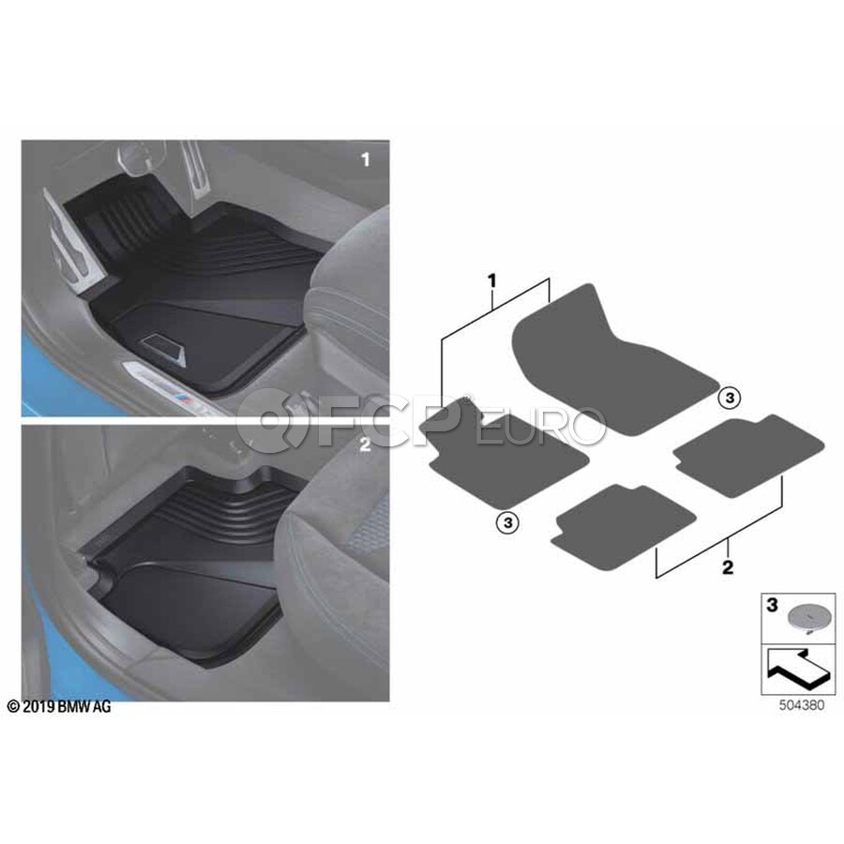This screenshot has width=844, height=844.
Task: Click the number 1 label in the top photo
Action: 366,159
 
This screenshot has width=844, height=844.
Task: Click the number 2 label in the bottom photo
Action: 366,445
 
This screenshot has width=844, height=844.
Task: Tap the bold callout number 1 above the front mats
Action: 491,281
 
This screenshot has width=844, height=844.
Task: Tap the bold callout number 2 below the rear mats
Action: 728,566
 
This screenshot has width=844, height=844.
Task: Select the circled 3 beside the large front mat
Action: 730,399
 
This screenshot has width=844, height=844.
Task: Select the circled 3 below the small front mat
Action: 507,522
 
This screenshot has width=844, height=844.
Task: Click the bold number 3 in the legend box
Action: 773,605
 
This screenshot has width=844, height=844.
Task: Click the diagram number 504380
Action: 802,705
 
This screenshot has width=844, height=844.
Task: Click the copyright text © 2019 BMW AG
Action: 59,707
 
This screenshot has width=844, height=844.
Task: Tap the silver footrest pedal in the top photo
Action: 68,243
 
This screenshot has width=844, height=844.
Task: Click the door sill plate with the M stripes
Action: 172,388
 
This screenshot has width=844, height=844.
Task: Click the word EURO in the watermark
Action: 540,426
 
